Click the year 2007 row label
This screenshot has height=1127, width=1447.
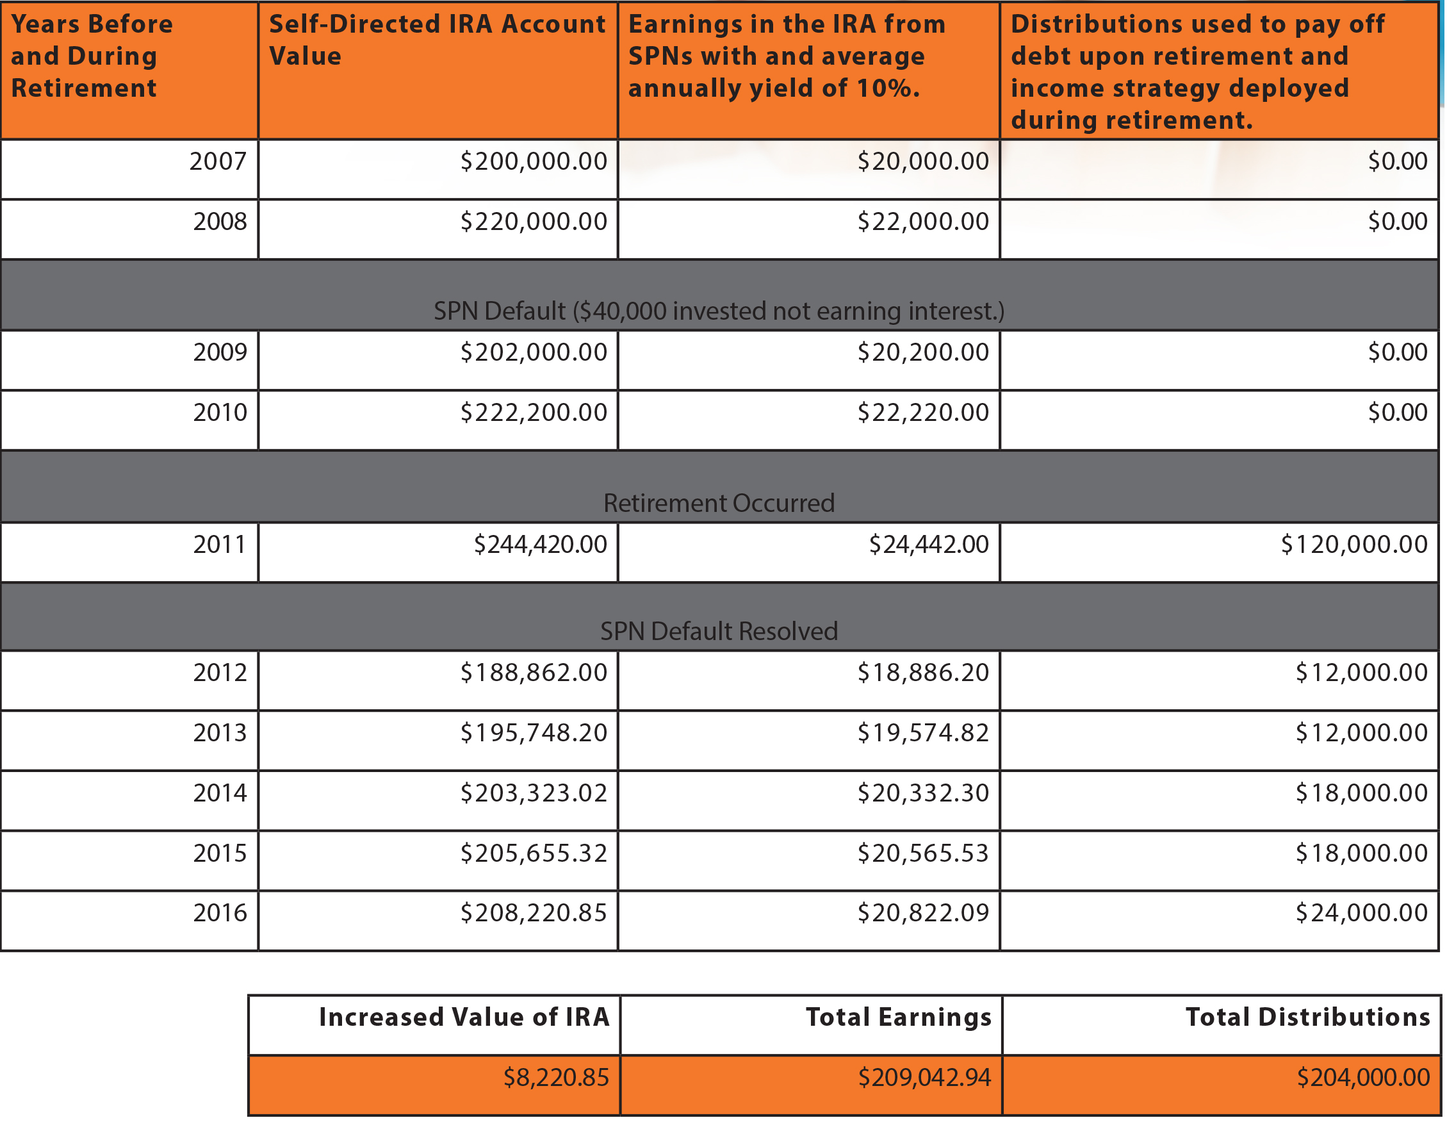pos(217,161)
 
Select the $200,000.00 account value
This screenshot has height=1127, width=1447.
pos(534,161)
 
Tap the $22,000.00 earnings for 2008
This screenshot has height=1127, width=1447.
pos(922,221)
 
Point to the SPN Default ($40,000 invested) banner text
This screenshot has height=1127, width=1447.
pos(719,311)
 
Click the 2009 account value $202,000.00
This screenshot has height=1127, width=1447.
pos(534,352)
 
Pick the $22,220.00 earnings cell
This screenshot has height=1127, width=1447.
pos(922,412)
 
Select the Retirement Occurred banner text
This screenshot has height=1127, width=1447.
pos(719,503)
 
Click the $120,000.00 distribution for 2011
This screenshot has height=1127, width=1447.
pos(1353,544)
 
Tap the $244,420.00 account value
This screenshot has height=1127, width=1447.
pos(540,544)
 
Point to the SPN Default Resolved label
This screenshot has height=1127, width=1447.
pos(719,630)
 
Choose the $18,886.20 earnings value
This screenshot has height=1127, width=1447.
pos(922,673)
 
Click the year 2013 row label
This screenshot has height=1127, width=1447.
pos(220,732)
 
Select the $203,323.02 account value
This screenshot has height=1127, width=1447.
pos(534,793)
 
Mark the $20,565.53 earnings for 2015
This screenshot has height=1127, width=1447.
pos(922,853)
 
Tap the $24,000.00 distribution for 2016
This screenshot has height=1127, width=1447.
pos(1361,912)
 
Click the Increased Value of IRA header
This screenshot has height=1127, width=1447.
pos(464,1017)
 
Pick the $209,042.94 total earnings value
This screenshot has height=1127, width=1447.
pos(924,1077)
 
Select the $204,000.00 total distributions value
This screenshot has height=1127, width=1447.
pos(1363,1077)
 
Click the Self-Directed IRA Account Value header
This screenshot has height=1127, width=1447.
pos(437,40)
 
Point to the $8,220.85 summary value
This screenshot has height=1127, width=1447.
pos(556,1077)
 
